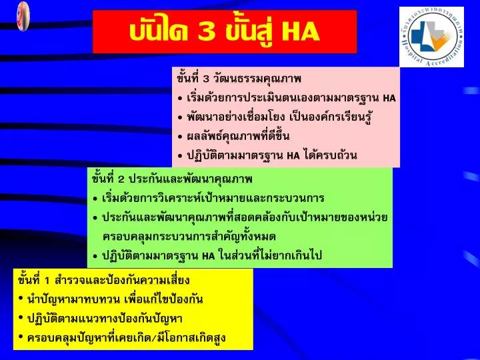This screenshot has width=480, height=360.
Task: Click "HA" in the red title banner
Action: click(x=301, y=31)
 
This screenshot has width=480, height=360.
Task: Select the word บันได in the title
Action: click(x=159, y=31)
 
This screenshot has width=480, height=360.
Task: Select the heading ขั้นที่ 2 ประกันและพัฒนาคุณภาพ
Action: click(x=172, y=179)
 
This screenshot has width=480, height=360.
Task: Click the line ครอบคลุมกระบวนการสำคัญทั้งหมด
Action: click(x=189, y=237)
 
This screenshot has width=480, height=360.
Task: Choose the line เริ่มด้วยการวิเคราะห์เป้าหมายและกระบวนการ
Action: click(x=213, y=199)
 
